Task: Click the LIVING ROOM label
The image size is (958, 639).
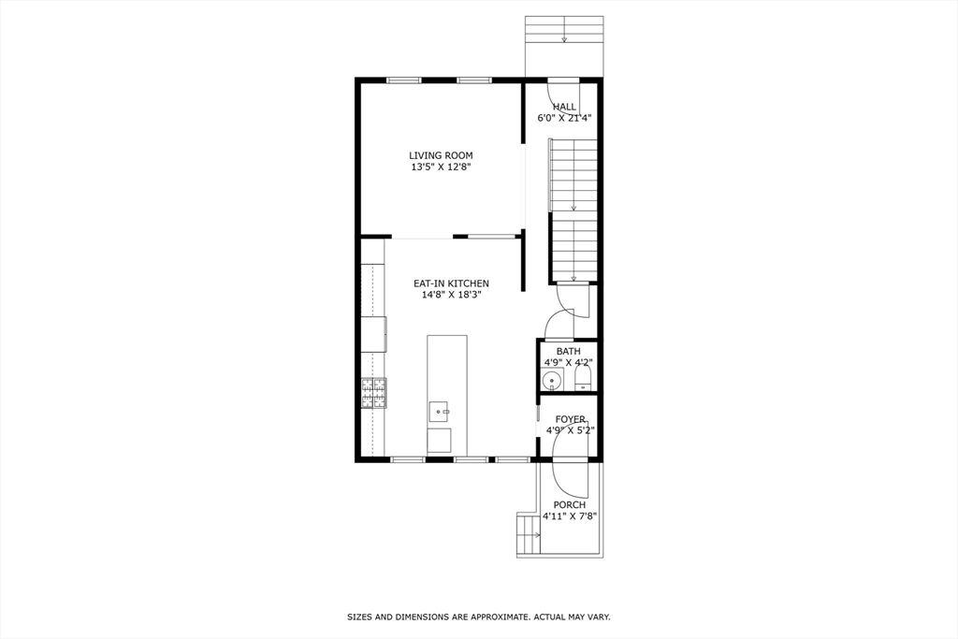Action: [x=441, y=155]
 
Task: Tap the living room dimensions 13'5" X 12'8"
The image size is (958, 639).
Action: [x=441, y=167]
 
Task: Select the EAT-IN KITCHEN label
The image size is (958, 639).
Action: [x=451, y=283]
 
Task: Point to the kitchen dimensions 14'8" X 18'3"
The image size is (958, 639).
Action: [x=451, y=296]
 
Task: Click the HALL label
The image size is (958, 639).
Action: [x=564, y=107]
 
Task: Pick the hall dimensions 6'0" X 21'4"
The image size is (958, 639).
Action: [x=564, y=118]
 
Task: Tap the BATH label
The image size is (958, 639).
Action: [x=568, y=352]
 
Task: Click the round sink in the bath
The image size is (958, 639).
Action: [x=553, y=380]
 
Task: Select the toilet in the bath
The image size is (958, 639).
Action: [x=583, y=378]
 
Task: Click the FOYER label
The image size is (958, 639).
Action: [x=570, y=420]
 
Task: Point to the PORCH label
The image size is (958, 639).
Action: [x=569, y=505]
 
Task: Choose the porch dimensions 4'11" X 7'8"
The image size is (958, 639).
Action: [x=569, y=516]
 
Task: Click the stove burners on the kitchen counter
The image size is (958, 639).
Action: [x=373, y=393]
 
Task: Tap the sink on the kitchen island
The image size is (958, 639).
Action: [x=439, y=411]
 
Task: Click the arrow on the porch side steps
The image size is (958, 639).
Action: [x=536, y=535]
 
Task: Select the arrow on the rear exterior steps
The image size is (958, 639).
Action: [x=563, y=39]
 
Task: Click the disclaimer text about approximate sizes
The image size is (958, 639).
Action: [x=478, y=617]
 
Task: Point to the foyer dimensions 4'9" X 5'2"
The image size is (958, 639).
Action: [x=570, y=431]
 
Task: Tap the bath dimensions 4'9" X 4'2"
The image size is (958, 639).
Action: [x=568, y=362]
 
